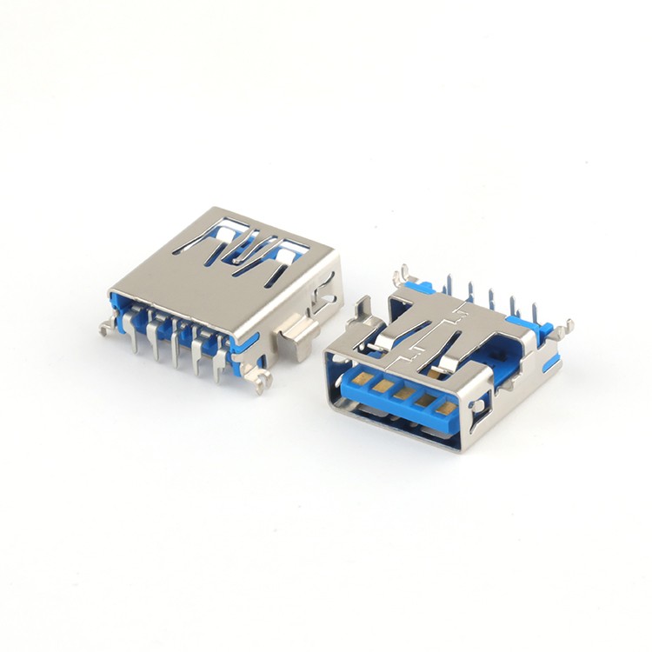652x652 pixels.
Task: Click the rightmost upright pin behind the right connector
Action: [x=532, y=311]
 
